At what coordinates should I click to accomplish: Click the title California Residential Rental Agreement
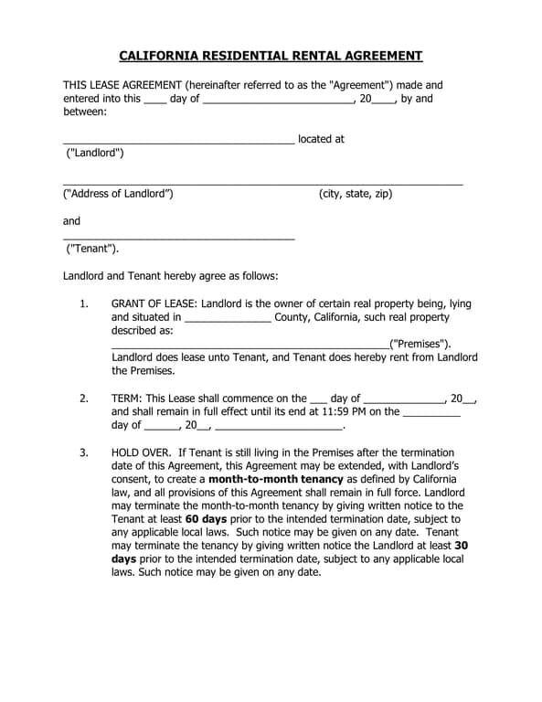271,56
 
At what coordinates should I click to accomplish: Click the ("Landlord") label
95,153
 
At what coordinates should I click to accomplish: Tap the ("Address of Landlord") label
117,194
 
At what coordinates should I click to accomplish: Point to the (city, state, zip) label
355,194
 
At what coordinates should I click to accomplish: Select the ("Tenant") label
91,248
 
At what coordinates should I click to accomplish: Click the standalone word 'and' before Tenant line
71,220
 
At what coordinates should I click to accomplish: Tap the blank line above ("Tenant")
178,238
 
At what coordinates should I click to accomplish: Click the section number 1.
83,303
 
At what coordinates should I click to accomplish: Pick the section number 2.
83,399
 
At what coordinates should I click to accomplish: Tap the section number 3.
83,452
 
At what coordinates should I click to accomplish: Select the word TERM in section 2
126,399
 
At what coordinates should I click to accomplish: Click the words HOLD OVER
142,452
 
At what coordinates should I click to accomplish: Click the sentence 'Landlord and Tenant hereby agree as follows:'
170,275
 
